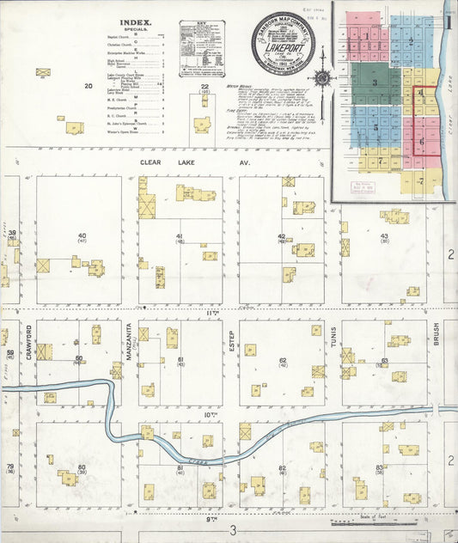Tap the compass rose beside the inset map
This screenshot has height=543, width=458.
(x=322, y=77)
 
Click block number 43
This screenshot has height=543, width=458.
(x=384, y=236)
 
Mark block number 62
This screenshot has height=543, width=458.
(x=283, y=361)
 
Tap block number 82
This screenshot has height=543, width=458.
(x=282, y=468)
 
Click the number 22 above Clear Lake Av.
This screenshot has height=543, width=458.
(x=205, y=87)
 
